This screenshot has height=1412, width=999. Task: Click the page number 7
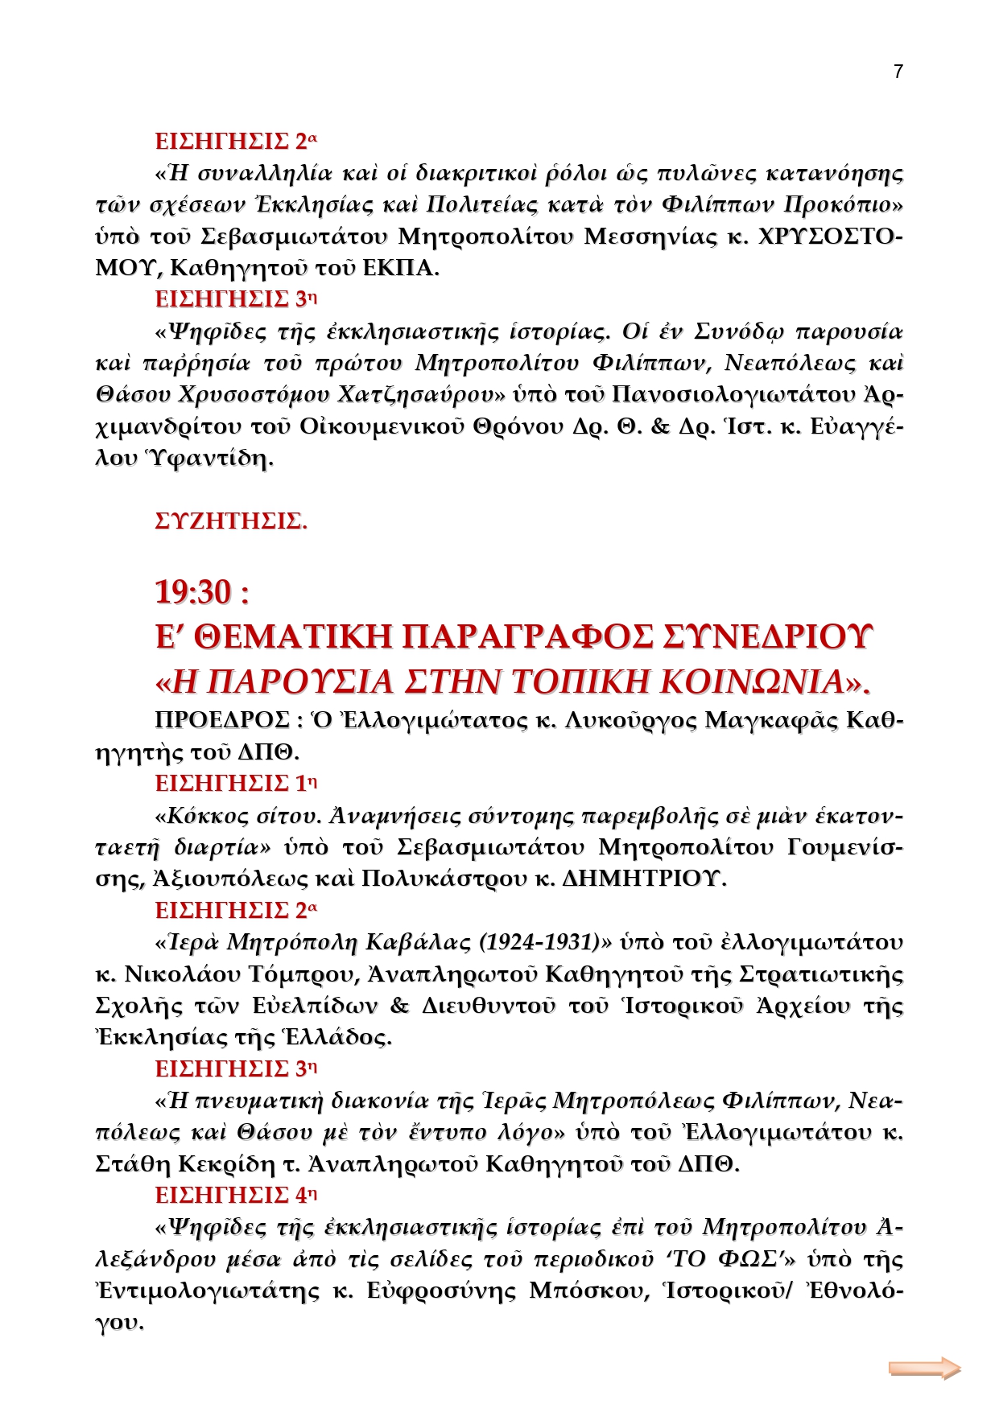pos(898,72)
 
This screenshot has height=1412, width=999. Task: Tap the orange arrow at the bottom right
pos(924,1368)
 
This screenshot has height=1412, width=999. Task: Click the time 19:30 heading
pos(201,592)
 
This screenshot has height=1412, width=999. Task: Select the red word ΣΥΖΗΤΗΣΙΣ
pos(230,521)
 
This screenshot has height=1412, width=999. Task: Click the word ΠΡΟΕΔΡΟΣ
pos(222,720)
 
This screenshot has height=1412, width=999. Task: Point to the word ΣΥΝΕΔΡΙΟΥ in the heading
pos(768,636)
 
